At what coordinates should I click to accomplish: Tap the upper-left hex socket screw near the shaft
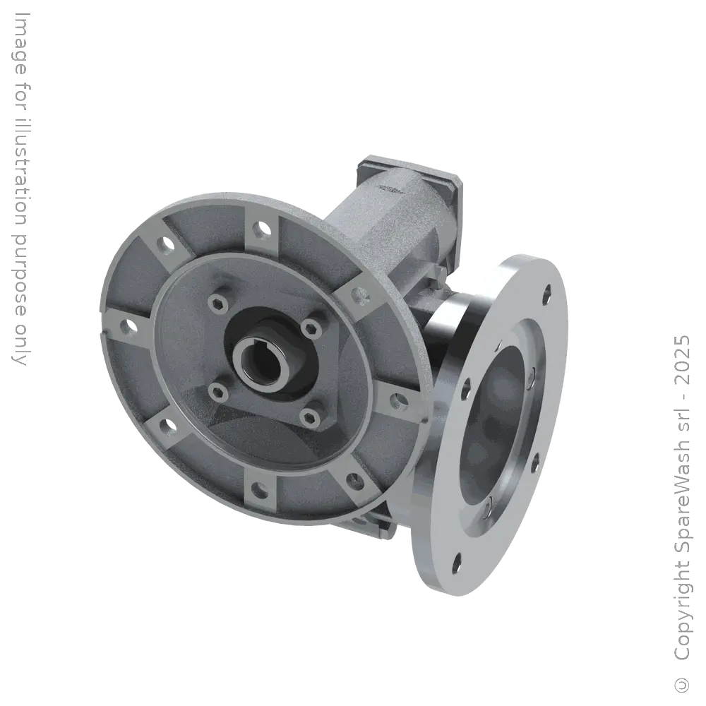(x=215, y=304)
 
